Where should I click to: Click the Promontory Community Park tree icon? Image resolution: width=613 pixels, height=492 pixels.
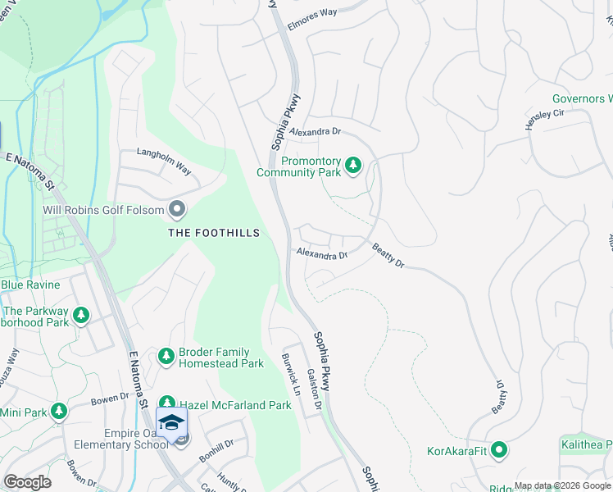(x=353, y=166)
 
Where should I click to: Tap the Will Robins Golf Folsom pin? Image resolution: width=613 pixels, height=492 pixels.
(x=176, y=210)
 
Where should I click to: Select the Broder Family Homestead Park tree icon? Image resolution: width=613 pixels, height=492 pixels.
(x=166, y=356)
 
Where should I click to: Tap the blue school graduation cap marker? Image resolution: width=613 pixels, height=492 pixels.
(x=171, y=423)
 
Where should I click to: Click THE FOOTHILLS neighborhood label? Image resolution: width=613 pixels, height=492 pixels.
(x=214, y=233)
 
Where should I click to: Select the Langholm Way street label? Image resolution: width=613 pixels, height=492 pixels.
(x=163, y=162)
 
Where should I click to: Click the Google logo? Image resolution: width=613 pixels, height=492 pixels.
(x=26, y=482)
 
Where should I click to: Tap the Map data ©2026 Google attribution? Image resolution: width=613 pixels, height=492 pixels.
(x=562, y=485)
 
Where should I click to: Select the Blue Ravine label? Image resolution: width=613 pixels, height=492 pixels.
(x=30, y=285)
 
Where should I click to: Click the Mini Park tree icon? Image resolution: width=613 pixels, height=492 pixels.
(x=58, y=411)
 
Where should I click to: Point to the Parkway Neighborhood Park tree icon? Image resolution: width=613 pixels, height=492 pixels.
(x=80, y=315)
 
